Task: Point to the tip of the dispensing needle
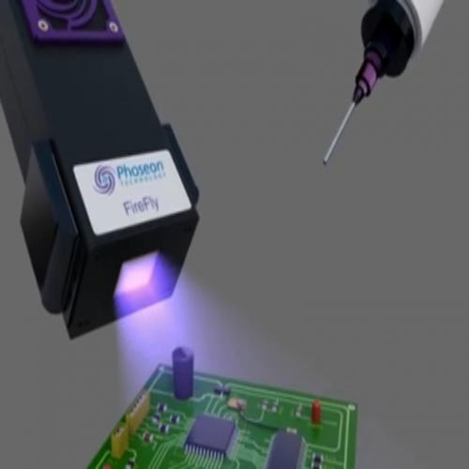[x=325, y=162]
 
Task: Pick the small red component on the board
[x=316, y=411]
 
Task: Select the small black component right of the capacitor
[x=221, y=389]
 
